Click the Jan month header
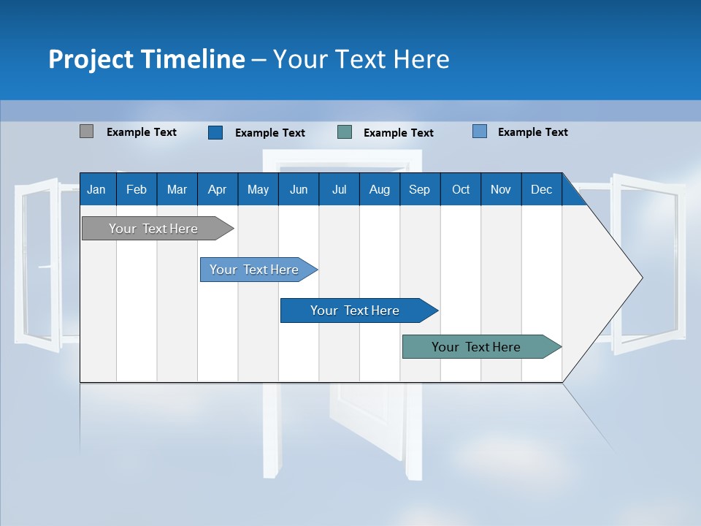[97, 189]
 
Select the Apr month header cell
[218, 189]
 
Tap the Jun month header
[299, 189]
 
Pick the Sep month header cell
[420, 189]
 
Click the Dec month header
[541, 189]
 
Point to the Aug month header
[380, 189]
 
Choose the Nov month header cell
[501, 189]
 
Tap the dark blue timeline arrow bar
[356, 310]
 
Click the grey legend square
[86, 131]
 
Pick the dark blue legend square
[215, 132]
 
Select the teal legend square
[345, 132]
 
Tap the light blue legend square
[480, 131]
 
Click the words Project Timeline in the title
[146, 58]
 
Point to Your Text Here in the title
[361, 58]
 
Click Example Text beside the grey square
[142, 132]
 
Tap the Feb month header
[137, 189]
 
